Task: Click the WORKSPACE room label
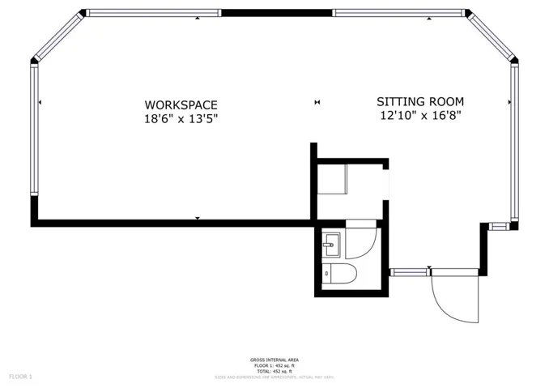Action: (181, 104)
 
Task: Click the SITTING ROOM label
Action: (420, 101)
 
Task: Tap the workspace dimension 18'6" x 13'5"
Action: (181, 119)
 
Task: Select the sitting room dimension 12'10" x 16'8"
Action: (420, 116)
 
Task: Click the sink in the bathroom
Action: (331, 243)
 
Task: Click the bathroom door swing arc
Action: (366, 241)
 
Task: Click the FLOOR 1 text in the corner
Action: (20, 377)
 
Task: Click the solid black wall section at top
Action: (277, 12)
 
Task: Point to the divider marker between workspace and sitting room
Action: (317, 102)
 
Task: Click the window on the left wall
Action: (34, 130)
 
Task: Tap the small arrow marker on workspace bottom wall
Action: (198, 219)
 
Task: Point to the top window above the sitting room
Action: (398, 12)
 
